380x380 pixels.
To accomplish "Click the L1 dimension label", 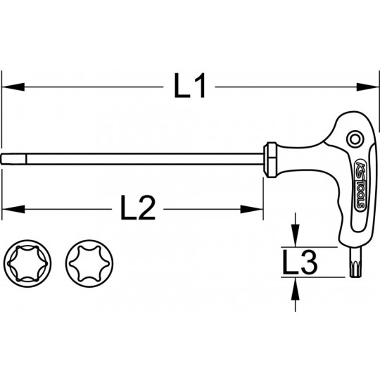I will coord(189,88).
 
